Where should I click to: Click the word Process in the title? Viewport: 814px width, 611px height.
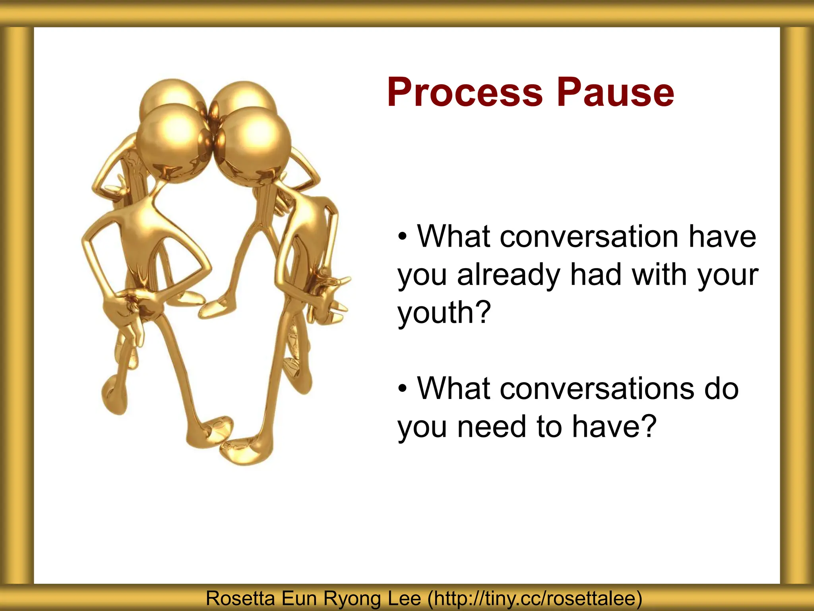(465, 93)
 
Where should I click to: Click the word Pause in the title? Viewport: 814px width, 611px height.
(615, 93)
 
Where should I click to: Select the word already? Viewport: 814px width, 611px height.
(509, 275)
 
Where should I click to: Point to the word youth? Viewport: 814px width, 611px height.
(444, 313)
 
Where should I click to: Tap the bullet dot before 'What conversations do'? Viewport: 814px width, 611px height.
(403, 388)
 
